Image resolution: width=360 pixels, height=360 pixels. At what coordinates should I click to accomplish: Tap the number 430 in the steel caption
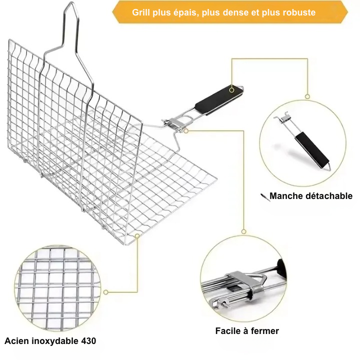(x=88, y=341)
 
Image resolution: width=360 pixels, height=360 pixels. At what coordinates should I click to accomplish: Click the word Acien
(x=16, y=341)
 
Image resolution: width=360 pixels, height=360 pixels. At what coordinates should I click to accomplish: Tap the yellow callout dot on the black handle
(x=231, y=90)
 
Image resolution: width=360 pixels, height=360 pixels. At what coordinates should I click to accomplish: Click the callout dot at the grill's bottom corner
(x=137, y=236)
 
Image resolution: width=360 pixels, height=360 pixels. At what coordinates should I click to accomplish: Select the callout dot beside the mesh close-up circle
(x=106, y=292)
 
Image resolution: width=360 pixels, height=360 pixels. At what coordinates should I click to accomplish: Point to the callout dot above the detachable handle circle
(x=307, y=96)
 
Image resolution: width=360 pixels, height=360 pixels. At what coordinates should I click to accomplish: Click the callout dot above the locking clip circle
(x=244, y=231)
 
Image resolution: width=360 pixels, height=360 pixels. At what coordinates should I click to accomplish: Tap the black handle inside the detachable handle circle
(x=312, y=149)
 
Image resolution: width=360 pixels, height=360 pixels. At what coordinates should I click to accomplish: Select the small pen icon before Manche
(x=265, y=197)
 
